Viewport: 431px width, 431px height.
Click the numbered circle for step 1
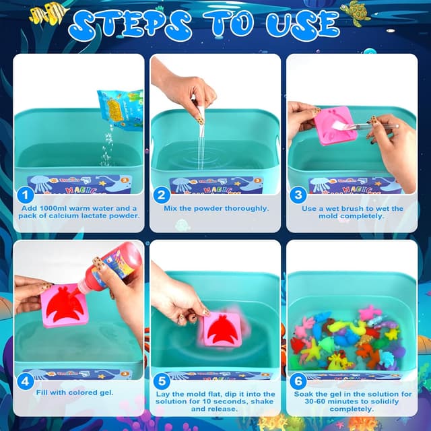pyautogui.click(x=26, y=196)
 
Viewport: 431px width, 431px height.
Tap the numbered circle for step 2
pyautogui.click(x=162, y=196)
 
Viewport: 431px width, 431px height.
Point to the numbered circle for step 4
pyautogui.click(x=26, y=382)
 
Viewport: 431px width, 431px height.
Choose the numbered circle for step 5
pyautogui.click(x=162, y=382)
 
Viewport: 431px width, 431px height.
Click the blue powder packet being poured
pyautogui.click(x=120, y=108)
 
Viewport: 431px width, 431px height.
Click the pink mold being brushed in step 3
pyautogui.click(x=335, y=125)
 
